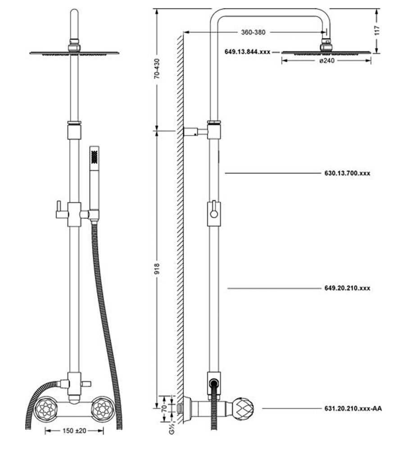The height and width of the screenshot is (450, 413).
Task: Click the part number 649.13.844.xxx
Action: point(247,52)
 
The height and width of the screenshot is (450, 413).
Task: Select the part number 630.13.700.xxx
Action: point(347,173)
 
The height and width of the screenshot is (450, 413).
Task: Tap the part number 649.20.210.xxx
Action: point(347,288)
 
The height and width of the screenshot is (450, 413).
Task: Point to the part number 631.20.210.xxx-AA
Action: point(353,409)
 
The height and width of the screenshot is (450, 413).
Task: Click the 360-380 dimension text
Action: point(253,32)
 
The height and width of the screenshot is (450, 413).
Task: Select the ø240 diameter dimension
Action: point(327,61)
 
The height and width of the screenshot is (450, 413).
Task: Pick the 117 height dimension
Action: point(377,31)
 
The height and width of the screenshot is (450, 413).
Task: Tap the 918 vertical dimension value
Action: point(157,269)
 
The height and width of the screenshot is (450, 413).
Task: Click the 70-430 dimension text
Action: point(157,68)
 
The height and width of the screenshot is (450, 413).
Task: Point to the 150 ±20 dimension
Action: point(74,431)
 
